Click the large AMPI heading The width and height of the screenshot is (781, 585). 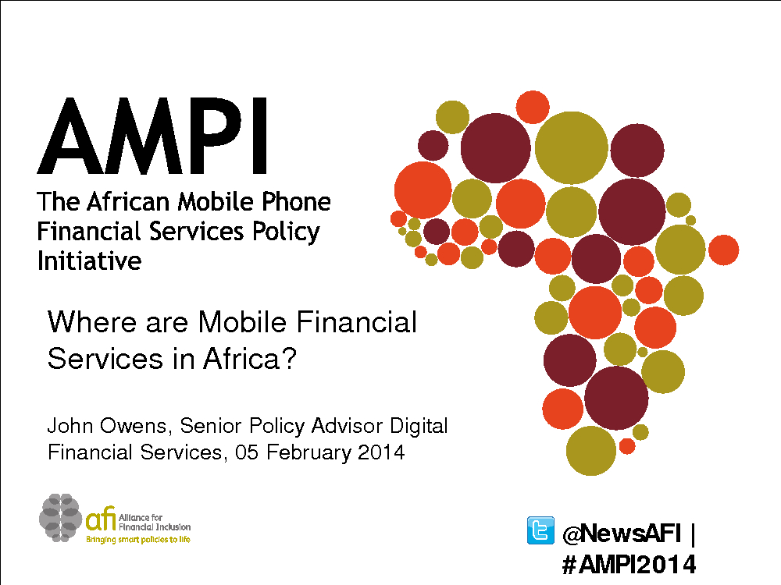(x=153, y=136)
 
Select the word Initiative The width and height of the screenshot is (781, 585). (x=89, y=261)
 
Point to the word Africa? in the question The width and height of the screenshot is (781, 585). (x=250, y=358)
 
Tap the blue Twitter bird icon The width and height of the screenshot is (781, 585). (x=540, y=530)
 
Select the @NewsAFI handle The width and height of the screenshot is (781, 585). (x=621, y=534)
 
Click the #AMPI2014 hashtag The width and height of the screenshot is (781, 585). (x=629, y=564)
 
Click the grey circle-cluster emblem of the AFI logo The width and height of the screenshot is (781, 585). (x=60, y=518)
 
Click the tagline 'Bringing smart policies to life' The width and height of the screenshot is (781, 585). (x=138, y=540)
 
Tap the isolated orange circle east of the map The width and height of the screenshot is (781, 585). (x=723, y=250)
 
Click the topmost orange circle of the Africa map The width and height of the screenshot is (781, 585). (x=533, y=107)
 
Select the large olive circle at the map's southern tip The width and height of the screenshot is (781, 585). (x=591, y=451)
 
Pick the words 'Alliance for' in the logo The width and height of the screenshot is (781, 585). (x=141, y=518)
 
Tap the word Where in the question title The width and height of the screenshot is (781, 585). (x=91, y=321)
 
